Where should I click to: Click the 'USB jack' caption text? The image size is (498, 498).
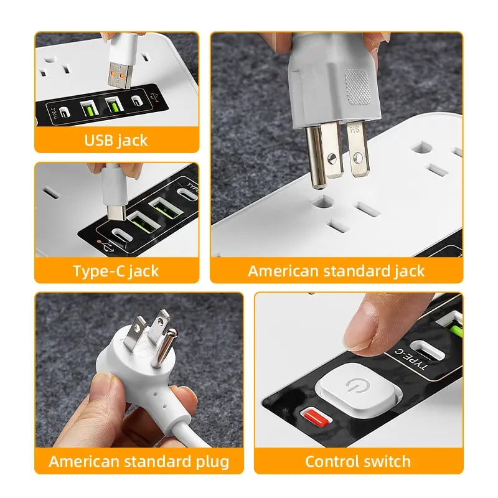pos(116,140)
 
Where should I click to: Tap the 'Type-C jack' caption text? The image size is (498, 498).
pos(116,271)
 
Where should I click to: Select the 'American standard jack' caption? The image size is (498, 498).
pos(336,271)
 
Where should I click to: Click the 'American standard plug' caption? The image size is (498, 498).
pos(138,461)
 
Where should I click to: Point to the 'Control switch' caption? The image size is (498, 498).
pos(358,461)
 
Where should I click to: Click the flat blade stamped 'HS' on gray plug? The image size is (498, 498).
pos(355,153)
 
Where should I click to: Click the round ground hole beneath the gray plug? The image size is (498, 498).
pos(322,202)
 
